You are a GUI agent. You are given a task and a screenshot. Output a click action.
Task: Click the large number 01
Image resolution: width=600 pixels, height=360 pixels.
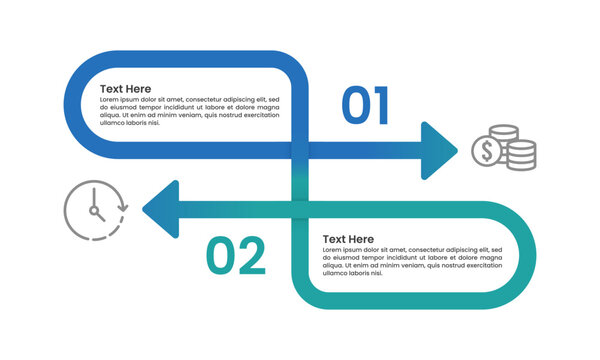[365, 107]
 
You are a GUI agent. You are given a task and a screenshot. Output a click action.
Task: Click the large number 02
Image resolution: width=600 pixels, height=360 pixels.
[236, 256]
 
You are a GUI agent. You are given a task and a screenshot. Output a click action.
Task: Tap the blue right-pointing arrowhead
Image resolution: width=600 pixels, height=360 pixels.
[438, 151]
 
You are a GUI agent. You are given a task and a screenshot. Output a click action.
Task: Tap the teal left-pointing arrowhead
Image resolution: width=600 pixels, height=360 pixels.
[162, 209]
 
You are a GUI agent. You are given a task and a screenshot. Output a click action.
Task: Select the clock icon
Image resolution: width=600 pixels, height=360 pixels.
[95, 209]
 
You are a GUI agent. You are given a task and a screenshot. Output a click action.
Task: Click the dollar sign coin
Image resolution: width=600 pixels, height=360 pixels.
[487, 152]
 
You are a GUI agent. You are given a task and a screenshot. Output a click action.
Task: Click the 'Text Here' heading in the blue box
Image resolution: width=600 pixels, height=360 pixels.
[125, 88]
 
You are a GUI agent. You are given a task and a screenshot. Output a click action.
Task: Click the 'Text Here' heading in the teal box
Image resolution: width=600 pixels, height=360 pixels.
[348, 239]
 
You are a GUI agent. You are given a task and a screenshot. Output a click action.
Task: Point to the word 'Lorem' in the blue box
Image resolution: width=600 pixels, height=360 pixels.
[111, 101]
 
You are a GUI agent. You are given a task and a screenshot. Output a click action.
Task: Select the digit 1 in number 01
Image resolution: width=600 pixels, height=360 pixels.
[381, 107]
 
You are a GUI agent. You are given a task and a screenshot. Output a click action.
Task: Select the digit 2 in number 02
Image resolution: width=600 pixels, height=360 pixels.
[251, 256]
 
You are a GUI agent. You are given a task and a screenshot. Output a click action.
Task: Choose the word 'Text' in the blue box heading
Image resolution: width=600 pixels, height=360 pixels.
[111, 88]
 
